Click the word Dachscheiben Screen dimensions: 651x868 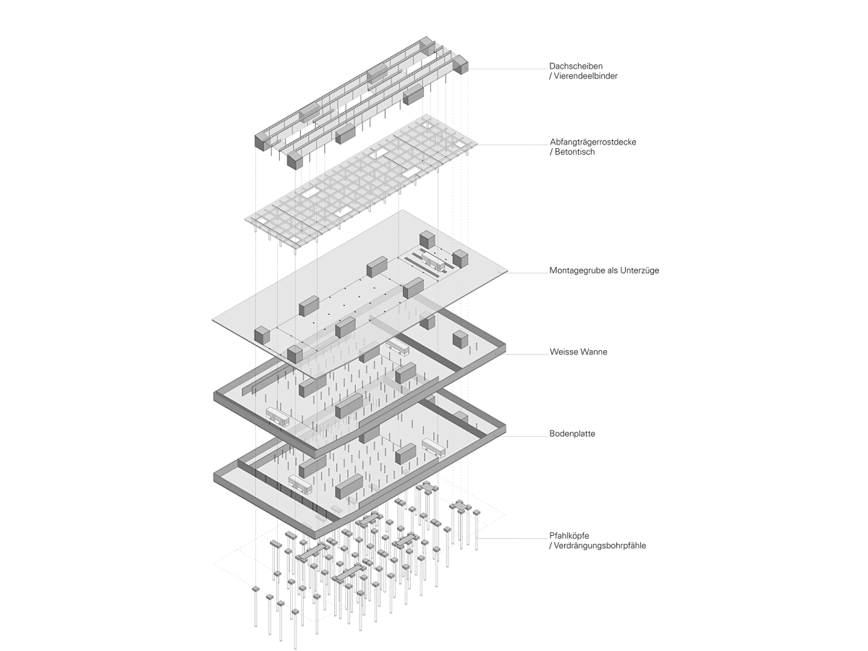[x=576, y=66]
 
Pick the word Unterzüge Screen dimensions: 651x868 [x=639, y=271]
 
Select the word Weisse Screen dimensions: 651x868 [x=563, y=352]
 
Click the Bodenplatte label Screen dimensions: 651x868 [x=572, y=435]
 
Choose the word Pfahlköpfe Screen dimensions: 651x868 [x=569, y=536]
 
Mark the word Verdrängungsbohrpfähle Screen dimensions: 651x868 [x=600, y=546]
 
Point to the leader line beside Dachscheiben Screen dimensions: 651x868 [x=506, y=69]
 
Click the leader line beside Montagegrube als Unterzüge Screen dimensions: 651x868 [x=525, y=273]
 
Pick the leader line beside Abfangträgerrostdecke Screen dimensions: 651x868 [x=510, y=145]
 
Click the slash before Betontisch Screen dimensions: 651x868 [x=551, y=153]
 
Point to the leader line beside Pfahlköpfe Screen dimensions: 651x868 [x=510, y=538]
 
